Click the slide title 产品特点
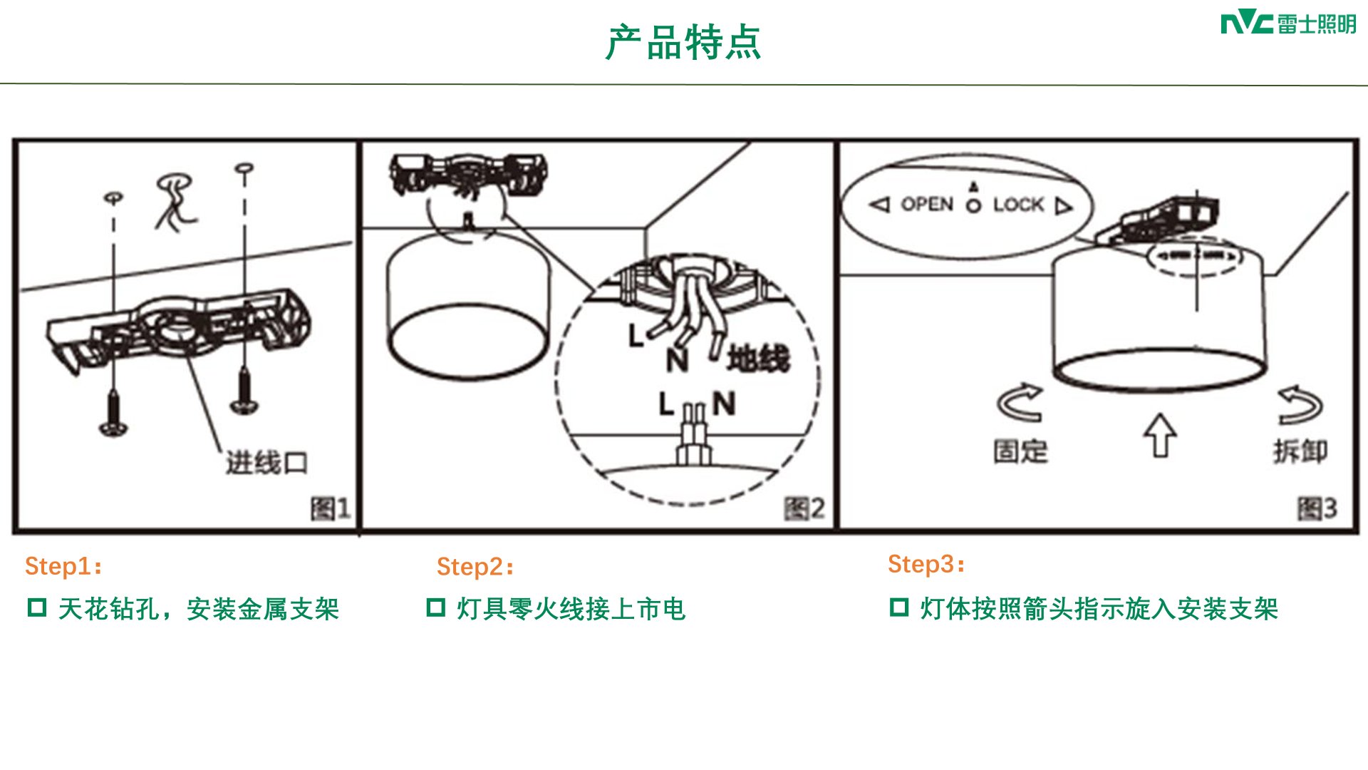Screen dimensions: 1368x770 pos(683,43)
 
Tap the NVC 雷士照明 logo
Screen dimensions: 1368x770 pos(1288,24)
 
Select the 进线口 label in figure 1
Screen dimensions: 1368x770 pos(267,463)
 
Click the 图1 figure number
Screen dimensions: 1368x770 pos(331,508)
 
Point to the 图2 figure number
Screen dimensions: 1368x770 pos(804,508)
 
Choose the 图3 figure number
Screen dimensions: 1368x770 pos(1317,508)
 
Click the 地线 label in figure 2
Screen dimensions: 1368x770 pos(759,358)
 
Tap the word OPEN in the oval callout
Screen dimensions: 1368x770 pos(927,205)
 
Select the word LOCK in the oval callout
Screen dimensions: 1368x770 pos(1019,205)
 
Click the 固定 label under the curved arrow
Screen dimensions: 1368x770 pos(1021,451)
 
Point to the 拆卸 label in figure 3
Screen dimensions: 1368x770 pos(1300,451)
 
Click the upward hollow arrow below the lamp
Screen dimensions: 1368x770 pos(1161,436)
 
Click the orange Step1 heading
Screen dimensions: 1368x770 pos(63,567)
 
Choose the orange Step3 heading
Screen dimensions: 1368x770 pos(926,565)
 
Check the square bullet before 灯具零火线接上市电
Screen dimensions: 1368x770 pos(436,607)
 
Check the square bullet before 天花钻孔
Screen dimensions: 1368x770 pos(37,607)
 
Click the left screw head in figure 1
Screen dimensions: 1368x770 pos(113,428)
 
